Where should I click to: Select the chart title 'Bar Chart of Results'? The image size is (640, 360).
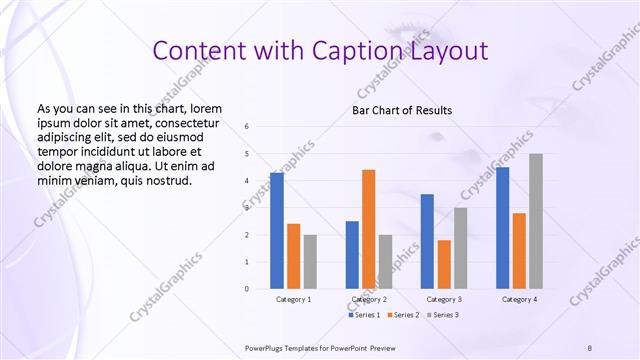pos(401,110)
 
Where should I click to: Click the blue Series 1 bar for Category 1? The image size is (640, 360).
pos(276,231)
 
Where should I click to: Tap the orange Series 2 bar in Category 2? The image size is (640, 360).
pos(368,229)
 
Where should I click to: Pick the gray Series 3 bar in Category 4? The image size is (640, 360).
pos(536,221)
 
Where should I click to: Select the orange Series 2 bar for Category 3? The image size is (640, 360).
pos(444,264)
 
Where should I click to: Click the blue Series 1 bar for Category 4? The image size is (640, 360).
pos(502,228)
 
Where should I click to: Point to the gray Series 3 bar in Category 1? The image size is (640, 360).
pos(310,261)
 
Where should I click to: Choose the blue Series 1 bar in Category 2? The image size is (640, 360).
pos(352,255)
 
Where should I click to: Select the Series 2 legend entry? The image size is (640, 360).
pos(403,315)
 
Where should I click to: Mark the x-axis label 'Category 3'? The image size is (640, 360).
pos(444,299)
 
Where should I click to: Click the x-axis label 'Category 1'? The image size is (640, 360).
pos(293,299)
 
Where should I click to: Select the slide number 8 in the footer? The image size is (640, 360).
pos(589,347)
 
